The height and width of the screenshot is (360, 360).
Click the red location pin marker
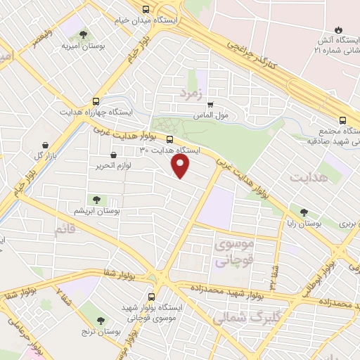pyautogui.click(x=181, y=166)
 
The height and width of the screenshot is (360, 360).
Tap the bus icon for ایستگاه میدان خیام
pyautogui.click(x=146, y=9)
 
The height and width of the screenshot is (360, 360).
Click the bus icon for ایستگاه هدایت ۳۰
pyautogui.click(x=169, y=139)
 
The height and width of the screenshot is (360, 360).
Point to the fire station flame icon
pyautogui.click(x=340, y=30)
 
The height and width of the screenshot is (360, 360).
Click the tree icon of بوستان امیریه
pyautogui.click(x=83, y=34)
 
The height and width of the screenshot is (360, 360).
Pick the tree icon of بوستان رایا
pyautogui.click(x=304, y=211)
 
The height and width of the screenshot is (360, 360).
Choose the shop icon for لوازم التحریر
pyautogui.click(x=113, y=155)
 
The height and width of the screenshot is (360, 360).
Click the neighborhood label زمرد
pyautogui.click(x=191, y=92)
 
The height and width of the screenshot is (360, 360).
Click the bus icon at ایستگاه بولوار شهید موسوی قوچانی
pyautogui.click(x=151, y=297)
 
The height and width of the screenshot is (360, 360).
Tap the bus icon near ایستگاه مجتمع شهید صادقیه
pyautogui.click(x=342, y=120)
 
